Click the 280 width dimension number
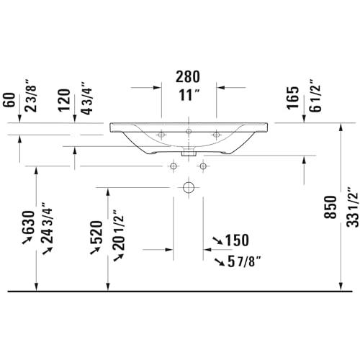pyautogui.click(x=188, y=76)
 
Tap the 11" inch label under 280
pyautogui.click(x=189, y=95)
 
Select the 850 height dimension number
pyautogui.click(x=330, y=207)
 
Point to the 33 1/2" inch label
pyautogui.click(x=353, y=207)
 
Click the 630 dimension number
pyautogui.click(x=28, y=222)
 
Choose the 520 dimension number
pyautogui.click(x=96, y=233)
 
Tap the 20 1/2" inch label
pyautogui.click(x=118, y=230)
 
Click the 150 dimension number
pyautogui.click(x=237, y=240)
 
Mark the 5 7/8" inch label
pyautogui.click(x=244, y=261)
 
